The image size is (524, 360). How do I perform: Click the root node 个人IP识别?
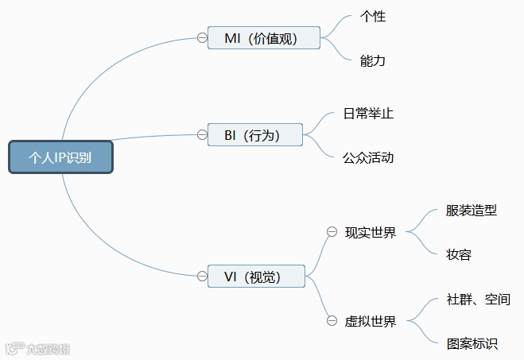pos(60,157)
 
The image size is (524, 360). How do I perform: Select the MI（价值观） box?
pos(263,37)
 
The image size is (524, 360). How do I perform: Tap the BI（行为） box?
pos(255,135)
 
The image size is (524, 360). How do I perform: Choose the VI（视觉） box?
pos(256,276)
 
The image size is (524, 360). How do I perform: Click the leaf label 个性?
pos(373,16)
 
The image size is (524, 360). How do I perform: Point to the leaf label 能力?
pos(373,60)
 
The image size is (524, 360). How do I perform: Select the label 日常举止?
pos(368,114)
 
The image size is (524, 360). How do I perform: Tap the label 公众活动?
pos(368,157)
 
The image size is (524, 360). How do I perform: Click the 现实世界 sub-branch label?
pos(371,233)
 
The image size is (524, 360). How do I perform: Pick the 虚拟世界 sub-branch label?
pos(371,321)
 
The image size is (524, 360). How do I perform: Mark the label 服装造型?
pos(472,211)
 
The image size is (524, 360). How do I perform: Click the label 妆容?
pos(460,255)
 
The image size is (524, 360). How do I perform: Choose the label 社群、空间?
pos(479,300)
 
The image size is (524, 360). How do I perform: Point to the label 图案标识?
pos(472,344)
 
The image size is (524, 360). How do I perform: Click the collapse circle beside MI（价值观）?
pos(202,37)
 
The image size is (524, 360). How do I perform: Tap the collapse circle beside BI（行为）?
pos(202,134)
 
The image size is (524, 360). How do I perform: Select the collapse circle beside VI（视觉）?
pos(202,276)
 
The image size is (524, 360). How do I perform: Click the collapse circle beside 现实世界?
pos(332,232)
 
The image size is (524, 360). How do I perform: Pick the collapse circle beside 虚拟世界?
pos(332,321)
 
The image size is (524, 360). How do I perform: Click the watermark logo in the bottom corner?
pos(37,348)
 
